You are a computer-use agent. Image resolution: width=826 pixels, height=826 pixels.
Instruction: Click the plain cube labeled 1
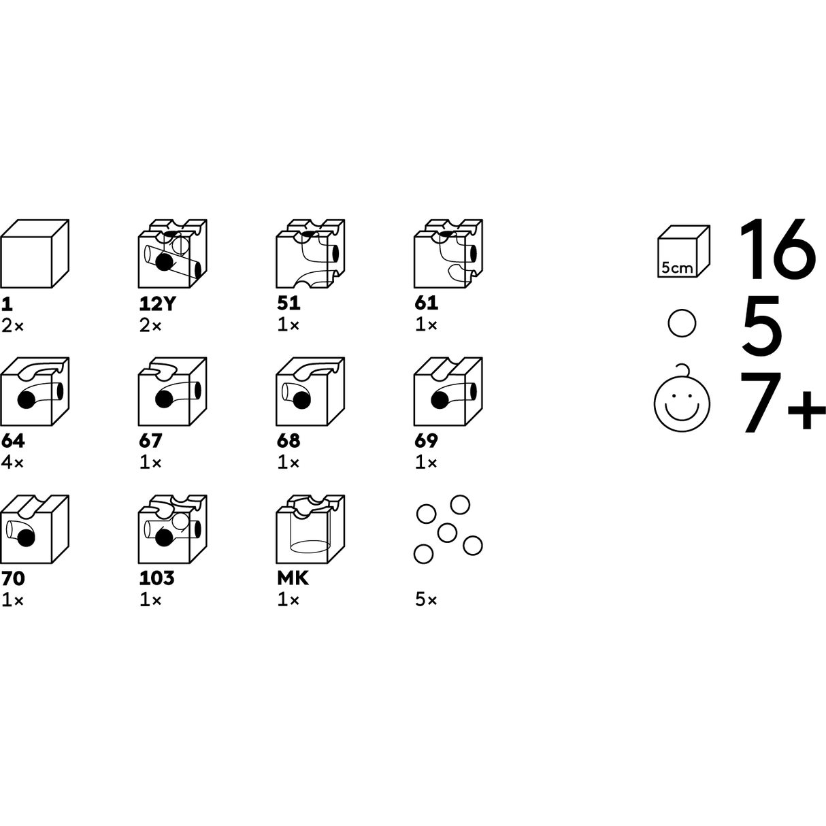click(35, 253)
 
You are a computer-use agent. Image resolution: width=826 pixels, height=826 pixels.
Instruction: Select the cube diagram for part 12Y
click(173, 253)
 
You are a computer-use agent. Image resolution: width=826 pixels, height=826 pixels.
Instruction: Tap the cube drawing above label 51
click(310, 253)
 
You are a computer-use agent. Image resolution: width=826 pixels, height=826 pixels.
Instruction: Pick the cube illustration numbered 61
click(448, 253)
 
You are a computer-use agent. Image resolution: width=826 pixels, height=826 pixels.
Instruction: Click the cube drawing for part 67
click(173, 391)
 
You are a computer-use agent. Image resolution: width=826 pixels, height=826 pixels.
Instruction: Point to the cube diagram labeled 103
click(173, 529)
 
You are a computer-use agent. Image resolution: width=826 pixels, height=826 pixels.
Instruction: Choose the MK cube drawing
click(310, 529)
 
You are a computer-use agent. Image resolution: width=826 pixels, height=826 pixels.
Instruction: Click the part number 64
click(13, 441)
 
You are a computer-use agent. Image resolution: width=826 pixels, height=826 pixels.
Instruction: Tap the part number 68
click(288, 441)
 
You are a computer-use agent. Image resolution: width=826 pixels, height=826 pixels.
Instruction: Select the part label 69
click(426, 441)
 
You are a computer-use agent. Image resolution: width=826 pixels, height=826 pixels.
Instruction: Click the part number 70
click(13, 578)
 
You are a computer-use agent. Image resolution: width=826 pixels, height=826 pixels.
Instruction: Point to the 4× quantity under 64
click(12, 463)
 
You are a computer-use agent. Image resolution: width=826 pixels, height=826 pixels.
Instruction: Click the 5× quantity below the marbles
click(426, 600)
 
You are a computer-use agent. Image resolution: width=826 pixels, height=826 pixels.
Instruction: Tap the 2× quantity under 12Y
click(150, 326)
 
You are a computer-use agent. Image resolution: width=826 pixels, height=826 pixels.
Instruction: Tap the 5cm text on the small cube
click(677, 268)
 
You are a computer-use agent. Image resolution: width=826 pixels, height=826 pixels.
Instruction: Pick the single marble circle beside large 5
click(682, 323)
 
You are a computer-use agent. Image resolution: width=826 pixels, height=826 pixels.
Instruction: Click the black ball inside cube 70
click(26, 538)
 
